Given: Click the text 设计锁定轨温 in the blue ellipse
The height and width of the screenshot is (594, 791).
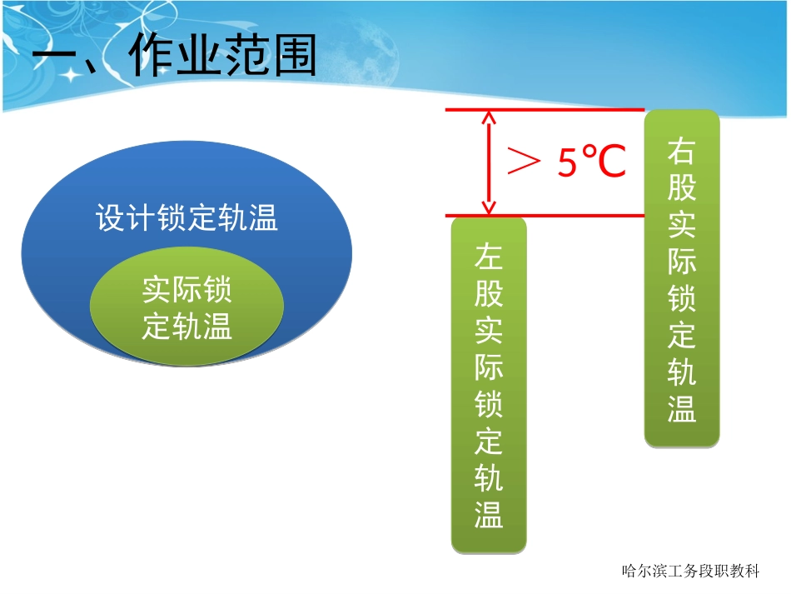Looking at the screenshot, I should tap(187, 220).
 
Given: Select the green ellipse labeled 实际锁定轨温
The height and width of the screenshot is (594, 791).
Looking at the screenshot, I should tap(187, 308).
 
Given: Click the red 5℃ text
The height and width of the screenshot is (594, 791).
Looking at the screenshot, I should tap(591, 162).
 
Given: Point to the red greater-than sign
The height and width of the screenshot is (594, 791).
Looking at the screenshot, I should tap(525, 162).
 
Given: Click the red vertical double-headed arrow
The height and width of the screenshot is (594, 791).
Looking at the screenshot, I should tap(489, 162).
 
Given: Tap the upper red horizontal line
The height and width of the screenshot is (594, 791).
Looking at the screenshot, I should tap(545, 110).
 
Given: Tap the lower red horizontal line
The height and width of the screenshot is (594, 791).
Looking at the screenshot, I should tap(545, 216).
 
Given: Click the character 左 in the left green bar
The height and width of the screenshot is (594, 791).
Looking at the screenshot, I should tap(489, 256).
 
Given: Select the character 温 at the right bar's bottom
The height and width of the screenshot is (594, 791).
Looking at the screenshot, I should tap(682, 409).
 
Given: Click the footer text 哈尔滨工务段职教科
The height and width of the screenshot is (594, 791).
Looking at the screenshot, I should tap(690, 572).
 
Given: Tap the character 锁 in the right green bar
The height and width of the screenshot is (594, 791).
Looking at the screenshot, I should tap(682, 298).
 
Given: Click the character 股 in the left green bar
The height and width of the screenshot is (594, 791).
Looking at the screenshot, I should tap(489, 293).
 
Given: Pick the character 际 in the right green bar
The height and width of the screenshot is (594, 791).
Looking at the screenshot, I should tap(682, 262).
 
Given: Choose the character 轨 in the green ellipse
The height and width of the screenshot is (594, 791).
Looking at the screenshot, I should tap(187, 327).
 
